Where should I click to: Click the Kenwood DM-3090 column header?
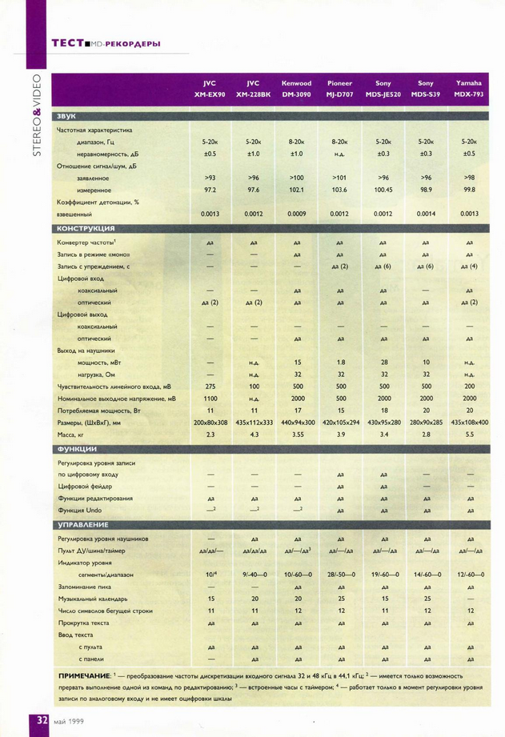pyautogui.click(x=296, y=88)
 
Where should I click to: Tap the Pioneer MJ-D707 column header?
pyautogui.click(x=339, y=88)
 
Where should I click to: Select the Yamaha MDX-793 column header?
pyautogui.click(x=469, y=88)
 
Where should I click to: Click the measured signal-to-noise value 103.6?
pyautogui.click(x=339, y=190)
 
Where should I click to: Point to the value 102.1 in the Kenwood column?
pyautogui.click(x=296, y=190)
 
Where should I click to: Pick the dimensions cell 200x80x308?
pyautogui.click(x=210, y=422)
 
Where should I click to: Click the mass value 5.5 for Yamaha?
pyautogui.click(x=469, y=434)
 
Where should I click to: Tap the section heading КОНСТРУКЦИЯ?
pyautogui.click(x=89, y=228)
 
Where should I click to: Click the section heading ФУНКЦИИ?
pyautogui.click(x=78, y=449)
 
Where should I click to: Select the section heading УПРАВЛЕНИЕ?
pyautogui.click(x=83, y=524)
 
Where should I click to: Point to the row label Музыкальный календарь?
pyautogui.click(x=94, y=598)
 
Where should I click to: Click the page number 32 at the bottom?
pyautogui.click(x=39, y=720)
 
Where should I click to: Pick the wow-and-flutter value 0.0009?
pyautogui.click(x=296, y=214)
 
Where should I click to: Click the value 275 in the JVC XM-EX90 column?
pyautogui.click(x=210, y=386)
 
